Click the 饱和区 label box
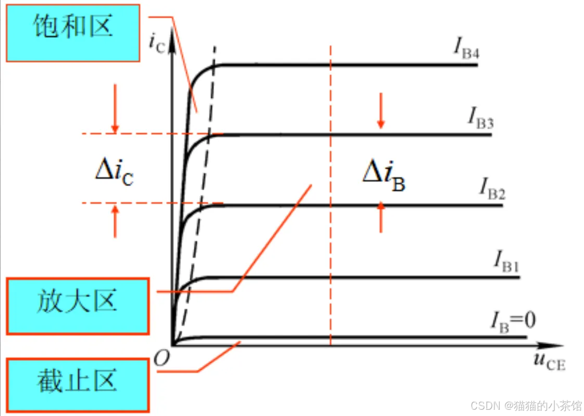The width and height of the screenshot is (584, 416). [73, 32]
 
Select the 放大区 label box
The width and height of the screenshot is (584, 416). [78, 305]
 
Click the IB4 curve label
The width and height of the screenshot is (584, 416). [465, 50]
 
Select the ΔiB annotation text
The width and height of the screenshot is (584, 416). [384, 175]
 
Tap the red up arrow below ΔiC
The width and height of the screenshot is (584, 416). [116, 222]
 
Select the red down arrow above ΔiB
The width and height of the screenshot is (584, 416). [381, 111]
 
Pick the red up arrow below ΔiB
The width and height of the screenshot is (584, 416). [381, 216]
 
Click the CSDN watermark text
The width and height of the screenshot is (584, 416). [526, 405]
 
